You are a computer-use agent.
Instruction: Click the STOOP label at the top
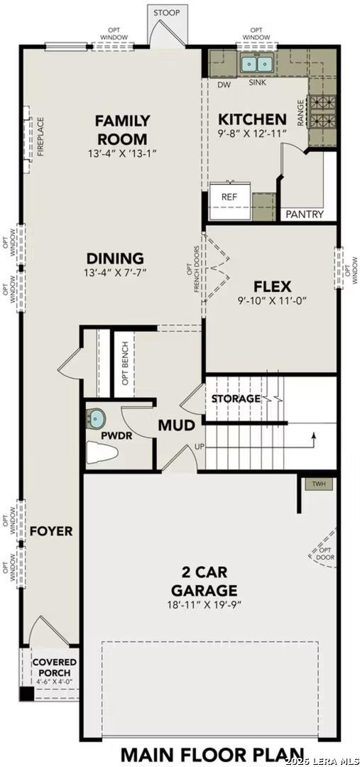167,12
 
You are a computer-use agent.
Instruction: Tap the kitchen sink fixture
257,65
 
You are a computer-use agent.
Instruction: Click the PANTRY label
305,214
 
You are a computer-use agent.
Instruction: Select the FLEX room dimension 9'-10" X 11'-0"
271,301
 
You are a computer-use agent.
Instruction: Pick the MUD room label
176,426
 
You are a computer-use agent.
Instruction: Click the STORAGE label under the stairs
236,399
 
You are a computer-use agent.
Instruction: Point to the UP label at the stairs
200,447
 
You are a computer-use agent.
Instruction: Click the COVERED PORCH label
54,668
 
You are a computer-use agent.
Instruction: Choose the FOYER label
50,531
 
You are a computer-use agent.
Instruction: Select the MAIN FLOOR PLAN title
212,754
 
